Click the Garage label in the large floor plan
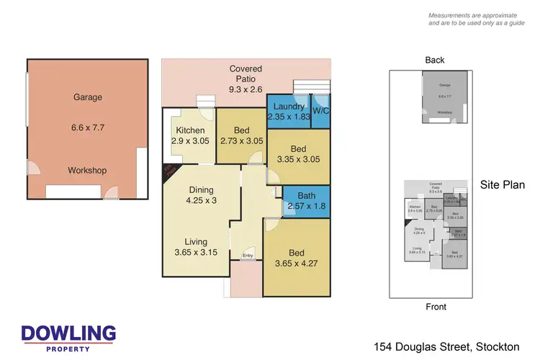[x=88, y=97]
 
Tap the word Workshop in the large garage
[x=87, y=171]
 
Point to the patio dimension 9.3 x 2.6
[x=246, y=91]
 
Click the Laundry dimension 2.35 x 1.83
[x=289, y=117]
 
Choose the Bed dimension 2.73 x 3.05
[x=241, y=141]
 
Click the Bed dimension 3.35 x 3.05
[x=298, y=160]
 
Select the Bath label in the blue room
[x=307, y=195]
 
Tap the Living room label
[x=195, y=242]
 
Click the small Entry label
[x=248, y=256]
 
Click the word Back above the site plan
[x=435, y=60]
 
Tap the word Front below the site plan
[x=435, y=307]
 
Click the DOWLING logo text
[x=68, y=333]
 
